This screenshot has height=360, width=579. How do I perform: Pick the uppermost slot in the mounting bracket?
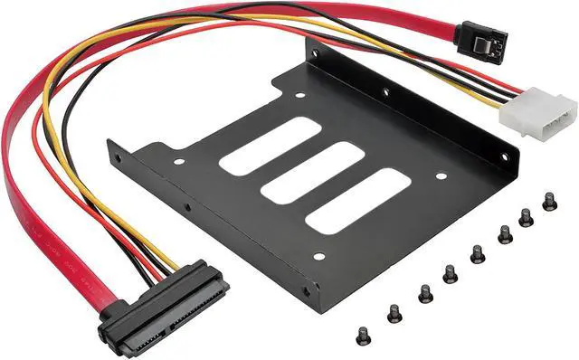pyautogui.click(x=269, y=146)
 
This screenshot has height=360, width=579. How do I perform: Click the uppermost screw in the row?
pyautogui.click(x=549, y=201)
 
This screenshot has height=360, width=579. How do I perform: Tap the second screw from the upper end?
pyautogui.click(x=526, y=218)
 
